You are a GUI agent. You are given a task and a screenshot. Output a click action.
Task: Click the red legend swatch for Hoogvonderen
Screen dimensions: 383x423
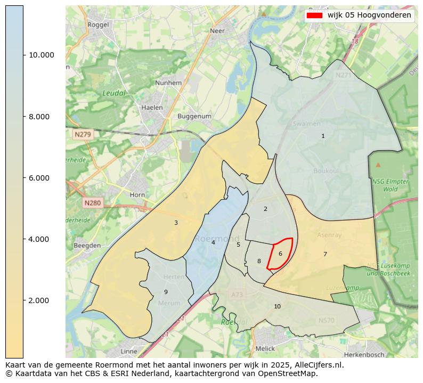coord(314,15)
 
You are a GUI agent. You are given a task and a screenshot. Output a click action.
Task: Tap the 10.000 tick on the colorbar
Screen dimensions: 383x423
coord(23,55)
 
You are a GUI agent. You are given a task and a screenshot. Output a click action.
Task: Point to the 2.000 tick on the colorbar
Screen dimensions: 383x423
coord(23,300)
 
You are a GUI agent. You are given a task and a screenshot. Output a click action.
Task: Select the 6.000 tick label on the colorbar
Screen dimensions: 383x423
coord(41,178)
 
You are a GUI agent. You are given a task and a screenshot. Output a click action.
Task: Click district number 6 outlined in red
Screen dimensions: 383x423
coord(280,254)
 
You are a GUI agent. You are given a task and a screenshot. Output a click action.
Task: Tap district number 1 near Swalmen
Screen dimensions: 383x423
coord(323,136)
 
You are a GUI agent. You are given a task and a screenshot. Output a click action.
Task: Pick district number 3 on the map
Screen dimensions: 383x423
coord(176,223)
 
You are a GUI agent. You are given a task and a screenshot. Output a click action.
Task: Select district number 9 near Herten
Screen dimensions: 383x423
coord(166,292)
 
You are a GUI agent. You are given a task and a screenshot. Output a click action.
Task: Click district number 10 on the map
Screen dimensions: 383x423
coord(277,306)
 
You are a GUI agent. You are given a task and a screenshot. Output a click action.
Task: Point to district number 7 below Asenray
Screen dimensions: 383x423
coord(325,255)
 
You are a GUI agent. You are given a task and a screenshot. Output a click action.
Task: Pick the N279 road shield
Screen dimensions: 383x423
coord(83,135)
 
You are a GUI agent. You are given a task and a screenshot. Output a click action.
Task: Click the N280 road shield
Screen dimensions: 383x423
coord(92,203)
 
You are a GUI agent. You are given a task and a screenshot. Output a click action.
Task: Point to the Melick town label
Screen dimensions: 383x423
coord(265,348)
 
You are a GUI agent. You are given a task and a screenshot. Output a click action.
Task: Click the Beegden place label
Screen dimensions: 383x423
coord(87,246)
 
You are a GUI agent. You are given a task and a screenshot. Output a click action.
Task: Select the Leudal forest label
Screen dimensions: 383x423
coord(114,93)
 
